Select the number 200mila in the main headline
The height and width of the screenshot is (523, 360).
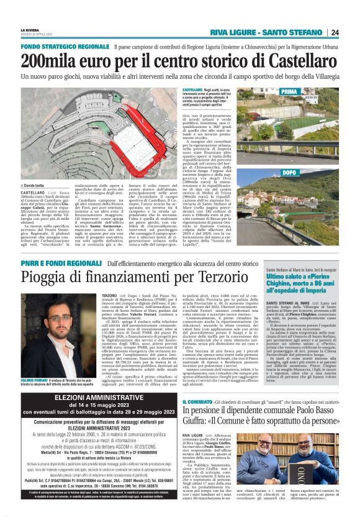53,61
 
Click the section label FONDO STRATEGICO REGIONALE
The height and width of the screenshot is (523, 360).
65,47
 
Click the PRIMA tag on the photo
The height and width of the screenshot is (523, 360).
289,92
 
